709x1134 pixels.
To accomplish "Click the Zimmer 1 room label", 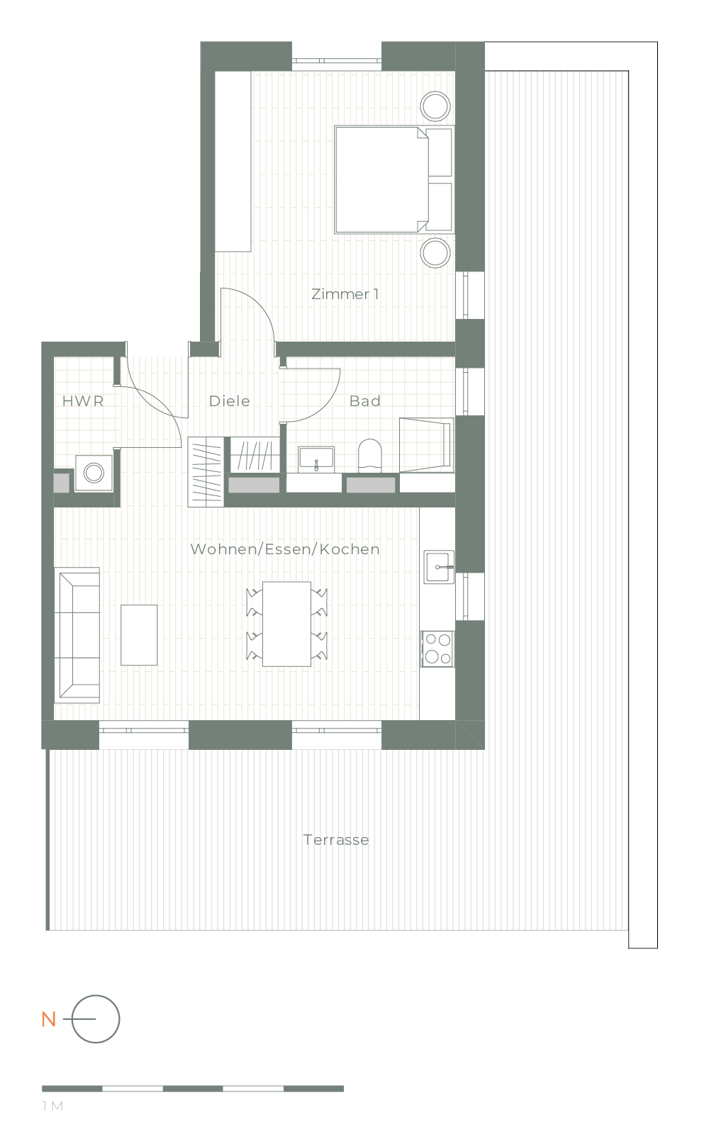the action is point(345,294).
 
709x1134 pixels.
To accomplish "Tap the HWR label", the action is point(83,401).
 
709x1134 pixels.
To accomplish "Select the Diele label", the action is point(230,401).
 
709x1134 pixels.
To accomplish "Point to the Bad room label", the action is point(364,401).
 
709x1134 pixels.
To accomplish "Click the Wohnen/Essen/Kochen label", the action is point(285,549).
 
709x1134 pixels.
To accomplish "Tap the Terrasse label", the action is point(336,840).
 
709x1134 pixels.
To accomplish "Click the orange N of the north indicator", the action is point(49,1020).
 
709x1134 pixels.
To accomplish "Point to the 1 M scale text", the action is point(52,1106).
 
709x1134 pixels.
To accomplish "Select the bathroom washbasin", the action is point(316,459).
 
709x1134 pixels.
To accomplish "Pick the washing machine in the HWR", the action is point(94,473).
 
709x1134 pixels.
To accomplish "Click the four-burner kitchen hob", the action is point(437,649).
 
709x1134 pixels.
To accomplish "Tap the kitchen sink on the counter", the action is point(439,567).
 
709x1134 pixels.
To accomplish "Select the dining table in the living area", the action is point(286,624).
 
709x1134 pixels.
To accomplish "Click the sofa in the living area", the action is point(77,635).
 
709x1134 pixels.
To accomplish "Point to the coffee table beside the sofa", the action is point(139,635).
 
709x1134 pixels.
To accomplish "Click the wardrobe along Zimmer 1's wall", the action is point(233,162).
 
